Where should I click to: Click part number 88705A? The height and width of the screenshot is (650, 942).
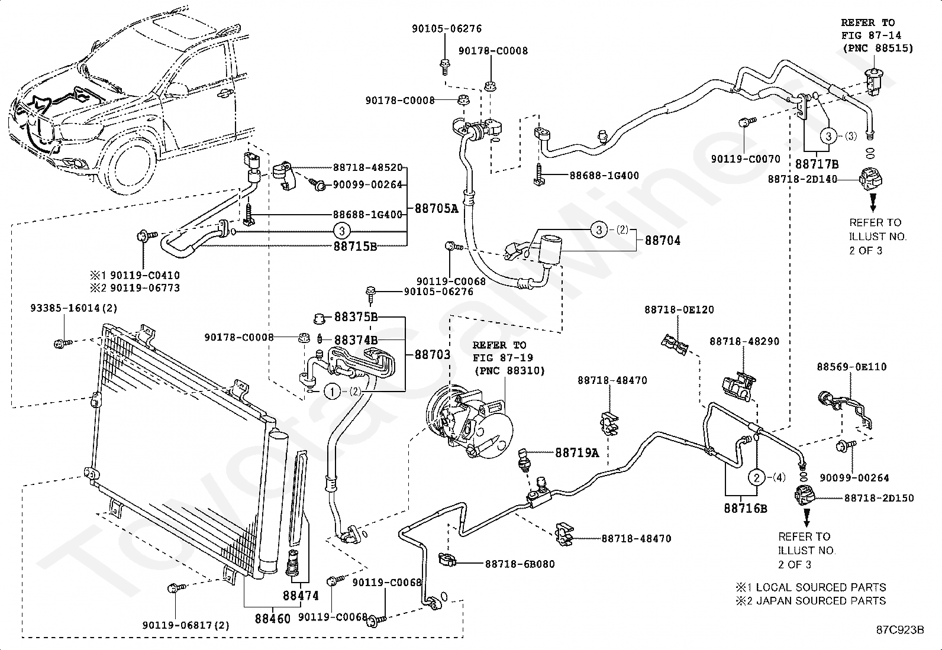click(x=436, y=208)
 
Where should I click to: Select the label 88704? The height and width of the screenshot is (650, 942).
click(x=662, y=241)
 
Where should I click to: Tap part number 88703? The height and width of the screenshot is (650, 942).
click(x=433, y=354)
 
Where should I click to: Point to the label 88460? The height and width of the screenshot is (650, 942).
click(x=273, y=619)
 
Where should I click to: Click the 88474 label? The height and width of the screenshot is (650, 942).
click(x=301, y=596)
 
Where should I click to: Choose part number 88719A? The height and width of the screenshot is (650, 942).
click(x=577, y=452)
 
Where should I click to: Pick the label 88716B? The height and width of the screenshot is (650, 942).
click(x=745, y=509)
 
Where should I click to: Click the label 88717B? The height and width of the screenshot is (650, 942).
click(x=817, y=164)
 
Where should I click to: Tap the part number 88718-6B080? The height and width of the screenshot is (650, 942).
click(x=520, y=564)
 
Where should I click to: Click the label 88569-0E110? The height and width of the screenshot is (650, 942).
click(x=851, y=367)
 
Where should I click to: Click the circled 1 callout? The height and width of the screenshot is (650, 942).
click(x=332, y=392)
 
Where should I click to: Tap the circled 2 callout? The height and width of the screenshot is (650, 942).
click(x=757, y=478)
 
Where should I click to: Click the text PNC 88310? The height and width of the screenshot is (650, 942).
click(x=509, y=371)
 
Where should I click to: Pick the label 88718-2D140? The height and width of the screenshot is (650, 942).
click(x=802, y=179)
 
